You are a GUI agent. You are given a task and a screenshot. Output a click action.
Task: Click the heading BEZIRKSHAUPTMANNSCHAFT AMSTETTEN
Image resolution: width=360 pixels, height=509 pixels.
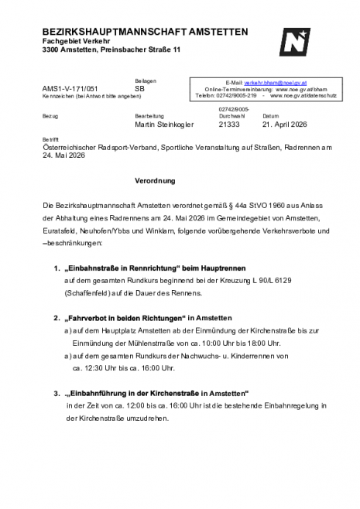(x=146, y=32)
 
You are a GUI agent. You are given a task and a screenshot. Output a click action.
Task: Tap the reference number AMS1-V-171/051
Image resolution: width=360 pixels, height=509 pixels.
(x=70, y=89)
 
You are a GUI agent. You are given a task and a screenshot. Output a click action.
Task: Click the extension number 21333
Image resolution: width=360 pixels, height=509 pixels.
(x=230, y=124)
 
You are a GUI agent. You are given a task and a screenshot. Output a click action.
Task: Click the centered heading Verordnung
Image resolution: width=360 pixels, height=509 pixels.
(x=155, y=181)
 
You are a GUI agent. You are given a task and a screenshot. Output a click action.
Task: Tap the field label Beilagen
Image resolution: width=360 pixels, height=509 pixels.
(x=146, y=81)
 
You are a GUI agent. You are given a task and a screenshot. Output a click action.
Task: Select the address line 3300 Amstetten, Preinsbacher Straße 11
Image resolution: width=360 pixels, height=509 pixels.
(x=111, y=50)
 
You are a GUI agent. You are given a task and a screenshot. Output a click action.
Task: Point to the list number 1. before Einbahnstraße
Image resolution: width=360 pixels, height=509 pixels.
(x=57, y=268)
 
